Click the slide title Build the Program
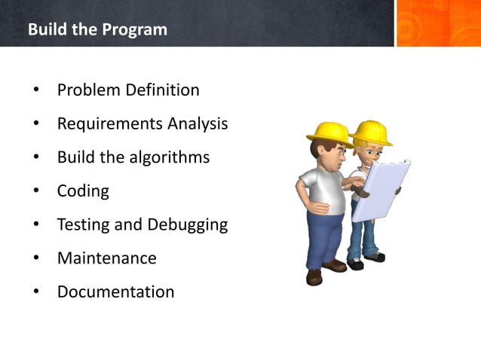point(97,30)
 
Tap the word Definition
point(163,90)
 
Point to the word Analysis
point(197,124)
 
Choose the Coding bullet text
point(83,191)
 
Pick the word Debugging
point(188,224)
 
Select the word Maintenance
point(107,258)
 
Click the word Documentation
point(115,291)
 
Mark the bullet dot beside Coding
point(35,191)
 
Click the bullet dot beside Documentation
point(35,292)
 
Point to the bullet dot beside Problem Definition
point(35,91)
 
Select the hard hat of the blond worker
point(372,131)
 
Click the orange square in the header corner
point(438,23)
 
